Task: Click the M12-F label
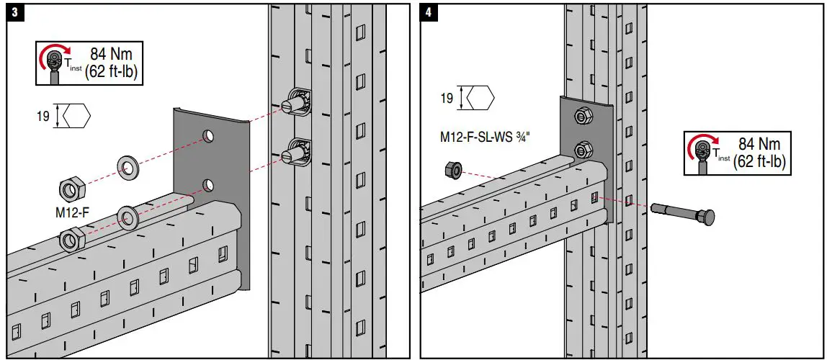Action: coord(72,213)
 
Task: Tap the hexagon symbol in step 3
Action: coord(76,115)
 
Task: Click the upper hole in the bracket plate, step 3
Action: coord(207,135)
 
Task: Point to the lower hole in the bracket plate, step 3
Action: coord(207,186)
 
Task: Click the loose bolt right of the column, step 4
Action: coord(684,214)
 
